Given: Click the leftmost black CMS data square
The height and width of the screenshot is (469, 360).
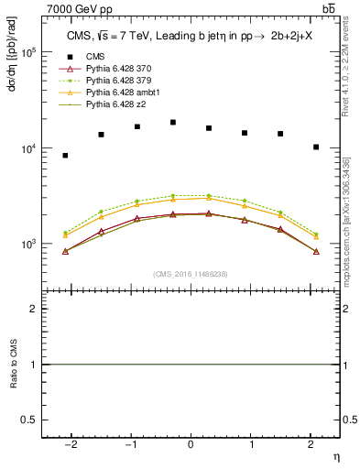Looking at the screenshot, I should pos(65,156).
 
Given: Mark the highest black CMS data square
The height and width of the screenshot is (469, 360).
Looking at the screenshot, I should pos(172,122).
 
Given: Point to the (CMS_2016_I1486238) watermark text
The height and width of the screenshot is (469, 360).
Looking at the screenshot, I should pos(191,274).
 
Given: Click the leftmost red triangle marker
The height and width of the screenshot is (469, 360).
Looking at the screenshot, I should pos(65,251).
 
